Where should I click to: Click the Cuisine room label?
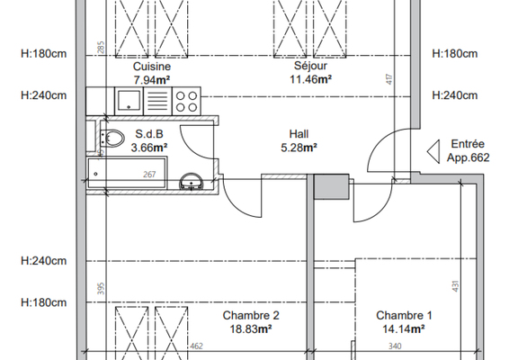click(152, 67)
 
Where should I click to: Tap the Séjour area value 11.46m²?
click(310, 79)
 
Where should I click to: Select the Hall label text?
click(299, 134)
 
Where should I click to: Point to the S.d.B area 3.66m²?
click(149, 148)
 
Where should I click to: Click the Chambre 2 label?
click(251, 315)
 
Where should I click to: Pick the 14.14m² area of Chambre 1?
click(404, 329)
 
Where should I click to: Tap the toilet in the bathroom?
click(112, 138)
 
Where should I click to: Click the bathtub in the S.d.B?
click(127, 173)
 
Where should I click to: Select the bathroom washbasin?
click(192, 181)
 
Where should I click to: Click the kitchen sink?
click(129, 101)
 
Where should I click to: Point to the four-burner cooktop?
click(186, 101)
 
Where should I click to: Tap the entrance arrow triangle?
click(433, 151)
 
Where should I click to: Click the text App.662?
click(469, 157)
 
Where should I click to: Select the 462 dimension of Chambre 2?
click(196, 346)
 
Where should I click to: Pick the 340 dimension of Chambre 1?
click(395, 346)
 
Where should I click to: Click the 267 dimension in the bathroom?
click(149, 175)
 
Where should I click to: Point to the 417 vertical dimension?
click(389, 79)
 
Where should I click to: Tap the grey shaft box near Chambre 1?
click(331, 187)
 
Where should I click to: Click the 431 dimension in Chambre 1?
click(455, 286)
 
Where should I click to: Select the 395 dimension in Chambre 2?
click(102, 289)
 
